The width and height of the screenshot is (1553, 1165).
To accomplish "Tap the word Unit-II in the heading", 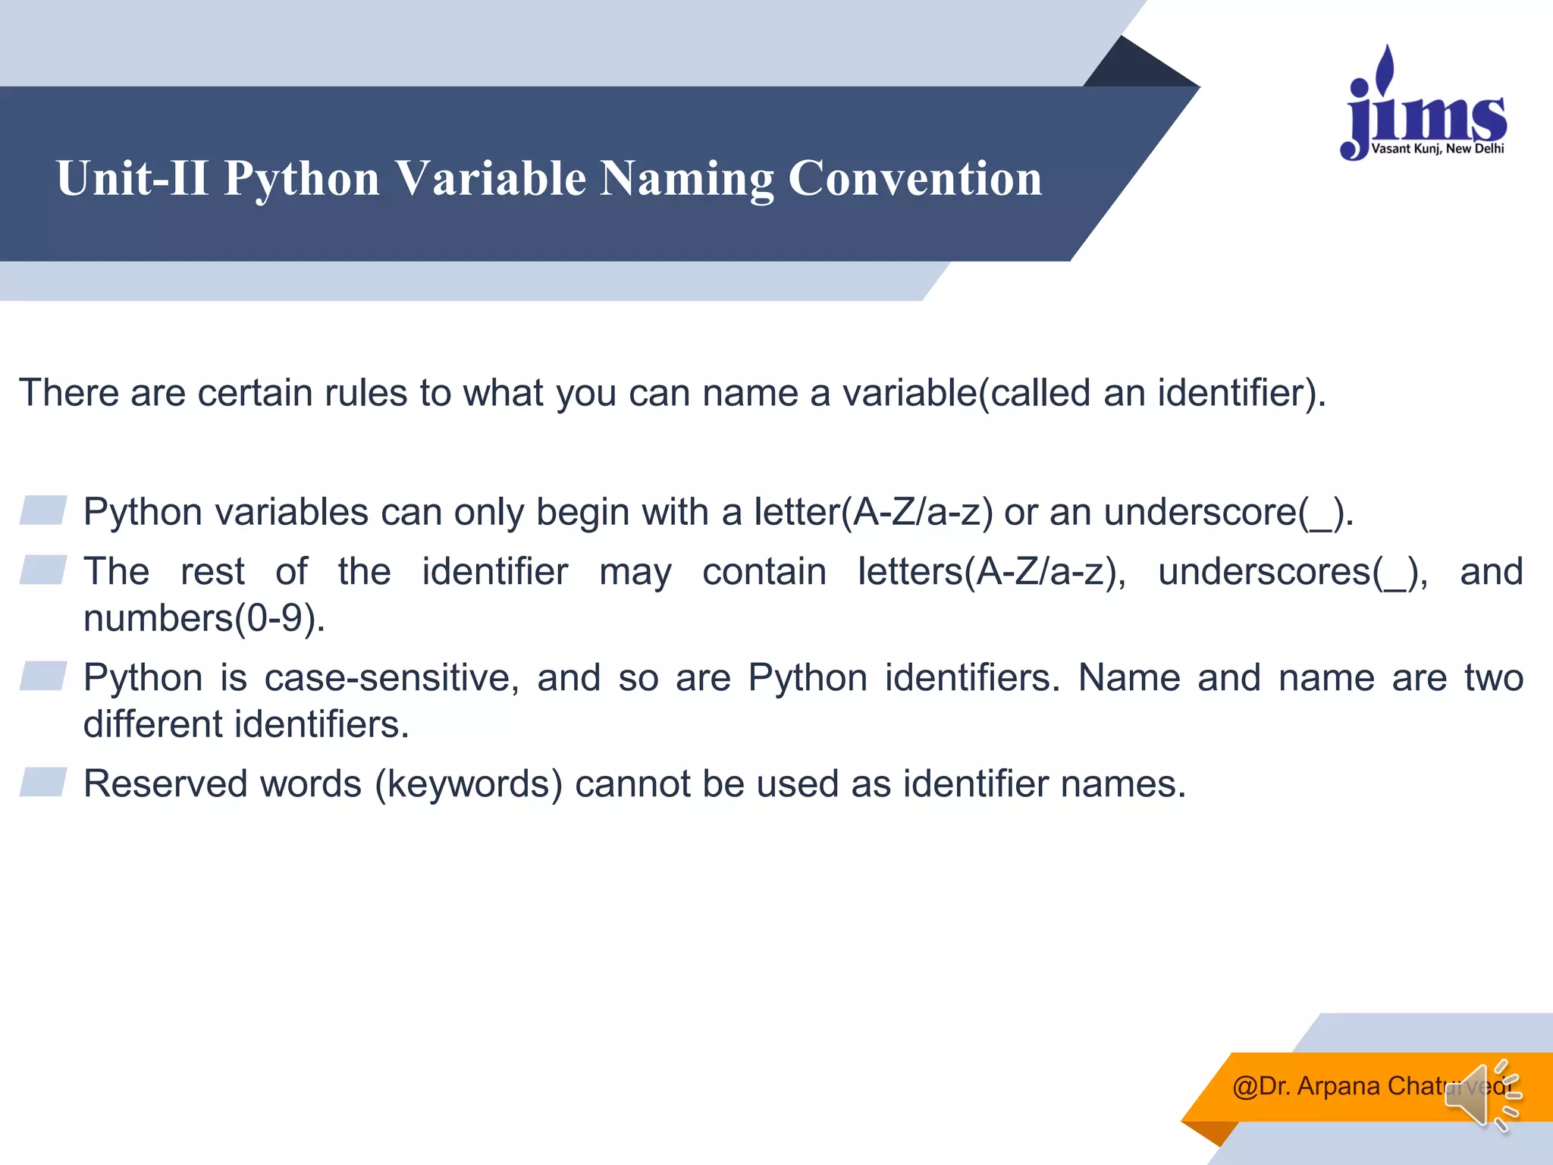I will pos(132,179).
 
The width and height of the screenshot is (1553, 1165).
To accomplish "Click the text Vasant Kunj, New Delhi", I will pos(1437,149).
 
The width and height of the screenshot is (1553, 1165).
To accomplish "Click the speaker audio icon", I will pos(1482,1095).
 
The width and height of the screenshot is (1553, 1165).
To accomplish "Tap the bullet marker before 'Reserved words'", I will pos(43,782).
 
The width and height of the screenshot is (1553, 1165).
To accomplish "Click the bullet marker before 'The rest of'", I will pos(43,570).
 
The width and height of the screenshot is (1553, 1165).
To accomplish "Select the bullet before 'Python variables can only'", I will pos(43,510).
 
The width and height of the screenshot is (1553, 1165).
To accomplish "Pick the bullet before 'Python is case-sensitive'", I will pos(43,676).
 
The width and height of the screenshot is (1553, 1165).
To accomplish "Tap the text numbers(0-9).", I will pos(204,618).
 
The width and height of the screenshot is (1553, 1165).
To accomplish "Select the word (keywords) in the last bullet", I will pos(469,783).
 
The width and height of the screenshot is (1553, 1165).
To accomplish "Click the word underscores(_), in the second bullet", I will pos(1292,572).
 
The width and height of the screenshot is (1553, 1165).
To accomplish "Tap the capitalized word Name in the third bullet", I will pos(1128,677).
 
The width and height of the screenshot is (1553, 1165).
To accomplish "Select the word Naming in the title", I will pos(686,179).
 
